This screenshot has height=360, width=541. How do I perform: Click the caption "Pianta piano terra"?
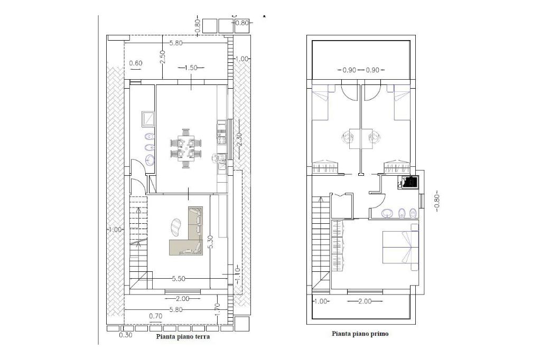coord(183,337)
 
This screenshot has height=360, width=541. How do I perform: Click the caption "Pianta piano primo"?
coord(360,334)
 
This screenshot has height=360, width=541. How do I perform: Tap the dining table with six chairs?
coord(185,148)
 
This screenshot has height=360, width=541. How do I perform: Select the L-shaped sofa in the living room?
coord(186,231)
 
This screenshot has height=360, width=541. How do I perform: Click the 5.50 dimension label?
coord(179,279)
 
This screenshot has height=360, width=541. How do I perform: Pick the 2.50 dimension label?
coord(163,56)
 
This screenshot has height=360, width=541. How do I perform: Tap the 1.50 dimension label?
coord(191,68)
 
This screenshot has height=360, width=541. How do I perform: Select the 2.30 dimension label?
coord(240,140)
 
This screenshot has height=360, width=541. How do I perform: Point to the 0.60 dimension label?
coord(136,63)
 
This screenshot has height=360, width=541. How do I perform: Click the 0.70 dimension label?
coord(156,316)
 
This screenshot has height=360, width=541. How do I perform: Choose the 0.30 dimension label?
coord(126,335)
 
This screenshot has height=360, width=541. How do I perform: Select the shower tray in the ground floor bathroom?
coord(148,119)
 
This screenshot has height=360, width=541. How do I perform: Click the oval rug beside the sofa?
coord(176,228)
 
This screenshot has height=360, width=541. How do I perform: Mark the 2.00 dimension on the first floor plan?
coord(365,301)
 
